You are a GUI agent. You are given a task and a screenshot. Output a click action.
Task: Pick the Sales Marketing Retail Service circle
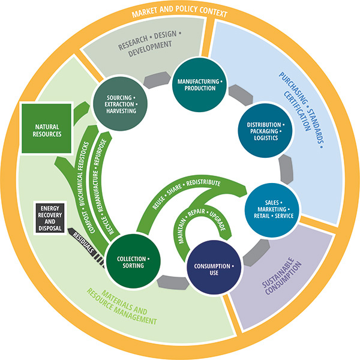click(270, 207)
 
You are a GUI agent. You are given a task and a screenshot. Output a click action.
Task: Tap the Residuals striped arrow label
click(84, 243)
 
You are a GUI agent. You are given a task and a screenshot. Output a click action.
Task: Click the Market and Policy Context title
click(180, 13)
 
